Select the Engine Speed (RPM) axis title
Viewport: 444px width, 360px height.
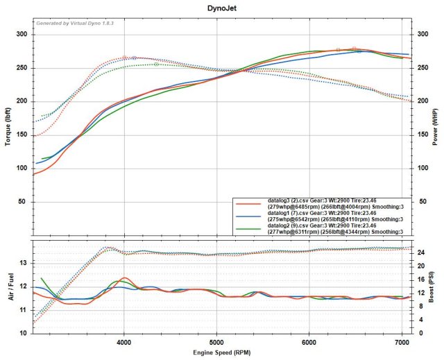(221, 352)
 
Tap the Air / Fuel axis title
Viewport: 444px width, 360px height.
(8, 286)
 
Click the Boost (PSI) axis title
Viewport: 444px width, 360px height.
(436, 286)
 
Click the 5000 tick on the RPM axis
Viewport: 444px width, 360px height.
(217, 341)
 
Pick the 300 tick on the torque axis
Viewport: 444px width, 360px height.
(22, 35)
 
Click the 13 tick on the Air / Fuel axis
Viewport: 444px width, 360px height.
(24, 263)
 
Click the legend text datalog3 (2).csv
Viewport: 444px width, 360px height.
(291, 200)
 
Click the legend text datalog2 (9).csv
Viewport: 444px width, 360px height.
(291, 226)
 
